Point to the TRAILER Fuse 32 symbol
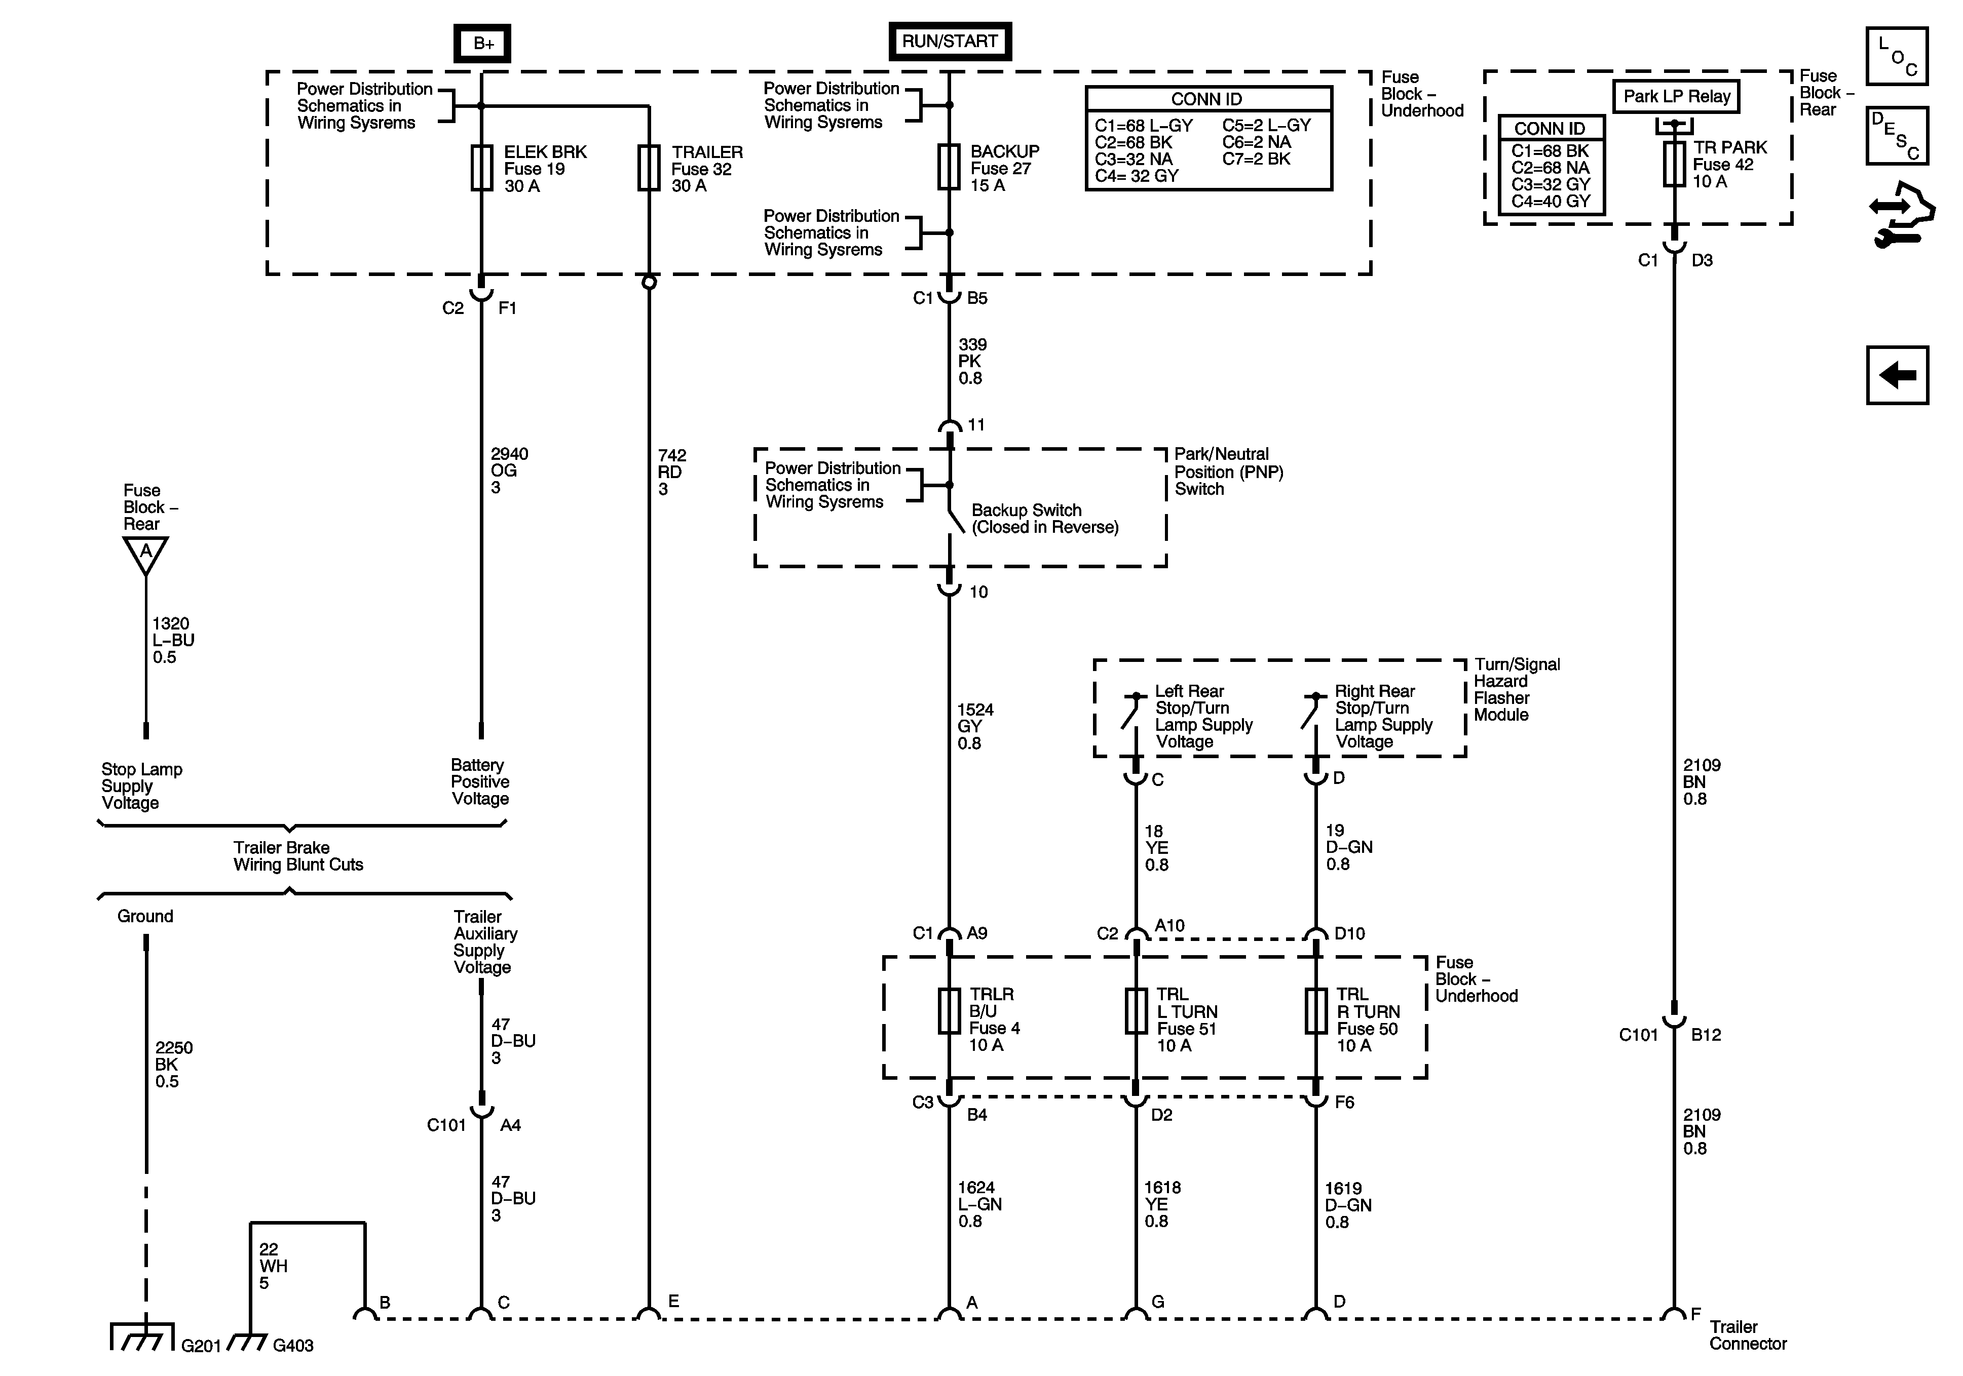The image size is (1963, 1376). point(649,168)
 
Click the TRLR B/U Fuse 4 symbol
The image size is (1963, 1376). point(949,1012)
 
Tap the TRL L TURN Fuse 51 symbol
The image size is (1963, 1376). point(1136,1012)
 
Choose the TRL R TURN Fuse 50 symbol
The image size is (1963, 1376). point(1316,1012)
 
